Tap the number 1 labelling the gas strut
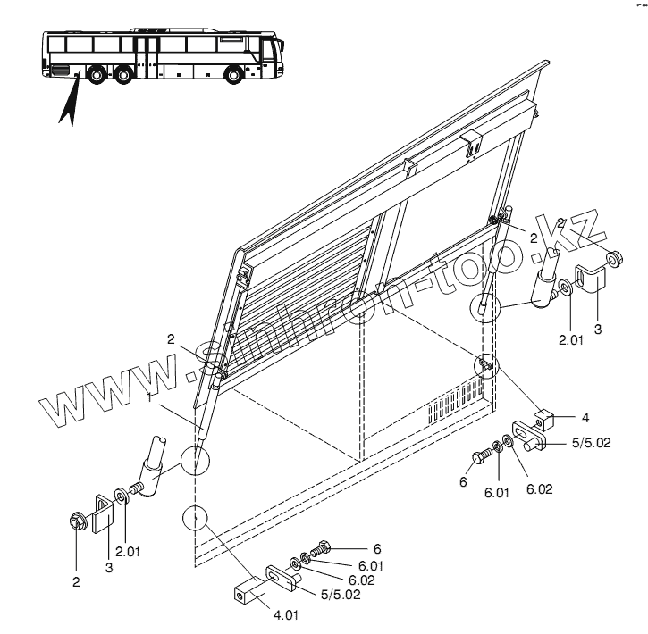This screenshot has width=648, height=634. click(x=147, y=396)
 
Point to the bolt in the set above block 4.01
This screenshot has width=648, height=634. click(x=321, y=548)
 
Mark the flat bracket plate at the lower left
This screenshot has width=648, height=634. click(x=105, y=510)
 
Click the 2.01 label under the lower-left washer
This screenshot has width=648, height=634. click(x=128, y=551)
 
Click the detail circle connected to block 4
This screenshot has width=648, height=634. click(x=485, y=366)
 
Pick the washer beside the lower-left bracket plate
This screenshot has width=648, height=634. click(x=122, y=496)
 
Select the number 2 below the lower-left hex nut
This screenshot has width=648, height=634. click(x=76, y=582)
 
